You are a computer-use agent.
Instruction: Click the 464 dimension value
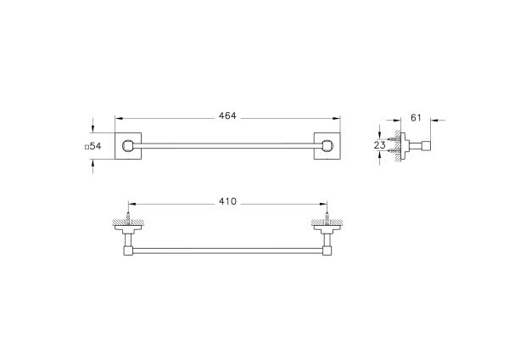[x=227, y=115]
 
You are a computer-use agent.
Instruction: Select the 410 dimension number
[x=227, y=201]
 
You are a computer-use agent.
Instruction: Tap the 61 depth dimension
[x=415, y=116]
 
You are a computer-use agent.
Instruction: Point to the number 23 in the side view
[x=379, y=145]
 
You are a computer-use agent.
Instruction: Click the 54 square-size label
[x=94, y=146]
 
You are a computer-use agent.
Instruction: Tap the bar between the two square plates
[x=227, y=145]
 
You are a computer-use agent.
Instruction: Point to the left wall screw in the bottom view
[x=128, y=220]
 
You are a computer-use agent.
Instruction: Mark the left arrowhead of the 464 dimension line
[x=118, y=120]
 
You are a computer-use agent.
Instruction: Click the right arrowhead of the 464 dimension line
[x=338, y=120]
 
